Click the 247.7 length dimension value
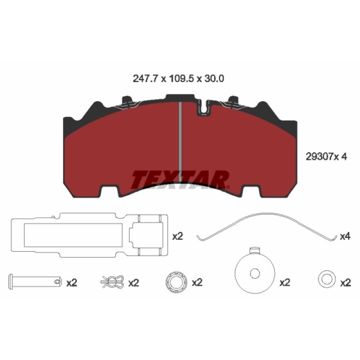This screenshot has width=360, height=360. pos(145,79)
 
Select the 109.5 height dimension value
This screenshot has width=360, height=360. pos(182,79)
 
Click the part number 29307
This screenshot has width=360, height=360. pos(319,157)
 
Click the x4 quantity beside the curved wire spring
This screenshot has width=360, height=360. pos(345,236)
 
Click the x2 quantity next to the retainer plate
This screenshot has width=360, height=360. pos(178,236)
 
